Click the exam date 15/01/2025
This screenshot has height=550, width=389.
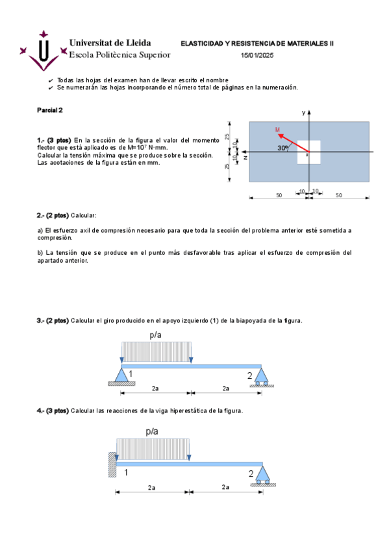point(258,56)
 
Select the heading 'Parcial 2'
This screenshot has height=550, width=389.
point(50,110)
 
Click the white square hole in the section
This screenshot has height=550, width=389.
point(308,152)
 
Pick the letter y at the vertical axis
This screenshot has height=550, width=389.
point(303,113)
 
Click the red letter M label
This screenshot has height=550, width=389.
point(277,130)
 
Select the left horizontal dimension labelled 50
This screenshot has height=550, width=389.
point(279,195)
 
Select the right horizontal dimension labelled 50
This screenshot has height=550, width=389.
point(338,195)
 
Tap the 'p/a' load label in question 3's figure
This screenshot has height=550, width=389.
point(155,335)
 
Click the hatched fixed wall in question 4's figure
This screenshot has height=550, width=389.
point(112,464)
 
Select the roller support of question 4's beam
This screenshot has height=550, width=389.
point(262,474)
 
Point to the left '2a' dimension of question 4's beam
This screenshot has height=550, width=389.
point(151,487)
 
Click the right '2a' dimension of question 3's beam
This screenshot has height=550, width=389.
point(225,389)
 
